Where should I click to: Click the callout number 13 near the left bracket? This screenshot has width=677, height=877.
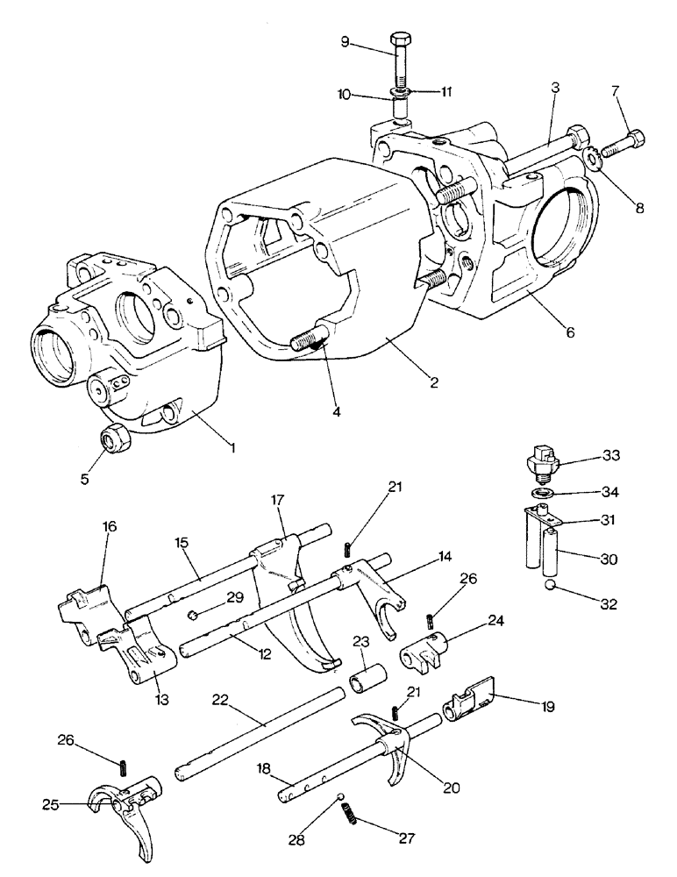tap(161, 700)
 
